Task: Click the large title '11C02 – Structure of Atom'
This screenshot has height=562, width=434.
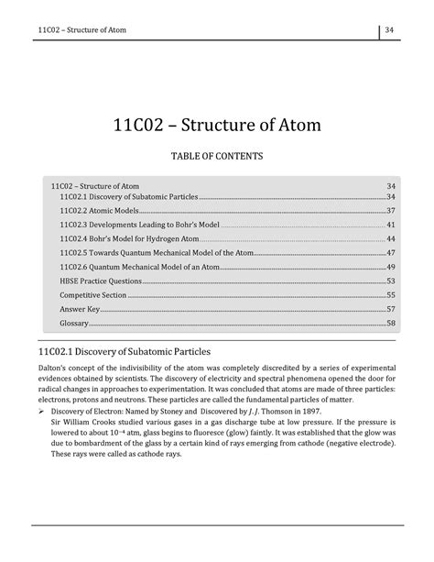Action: pos(217,125)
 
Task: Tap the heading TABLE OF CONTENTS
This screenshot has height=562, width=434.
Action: pos(217,158)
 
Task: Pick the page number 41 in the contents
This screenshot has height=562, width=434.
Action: pos(391,225)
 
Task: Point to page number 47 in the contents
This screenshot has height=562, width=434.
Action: pos(391,252)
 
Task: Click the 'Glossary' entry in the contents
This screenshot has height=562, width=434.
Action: pos(74,324)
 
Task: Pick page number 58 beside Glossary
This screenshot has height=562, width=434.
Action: pos(391,324)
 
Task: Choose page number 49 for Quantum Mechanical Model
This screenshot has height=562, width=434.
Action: pos(391,267)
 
